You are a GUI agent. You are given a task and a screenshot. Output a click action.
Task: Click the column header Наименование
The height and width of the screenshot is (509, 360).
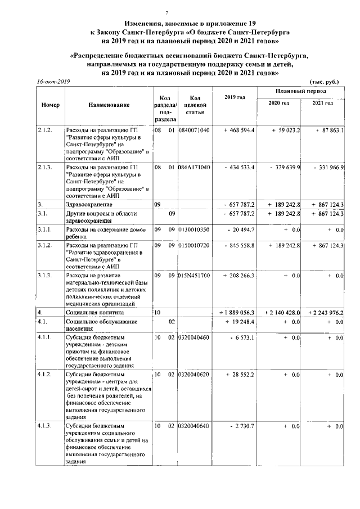[x=109, y=105]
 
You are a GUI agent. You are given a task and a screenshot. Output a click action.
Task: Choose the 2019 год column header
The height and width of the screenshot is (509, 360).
[x=235, y=98]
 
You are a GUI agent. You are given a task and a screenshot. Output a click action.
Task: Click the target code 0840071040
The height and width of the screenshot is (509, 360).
[x=193, y=130]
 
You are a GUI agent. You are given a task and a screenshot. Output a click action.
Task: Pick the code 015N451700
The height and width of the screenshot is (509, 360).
[x=193, y=276]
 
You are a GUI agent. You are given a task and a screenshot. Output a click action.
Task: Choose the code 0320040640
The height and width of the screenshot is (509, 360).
[x=193, y=426]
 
